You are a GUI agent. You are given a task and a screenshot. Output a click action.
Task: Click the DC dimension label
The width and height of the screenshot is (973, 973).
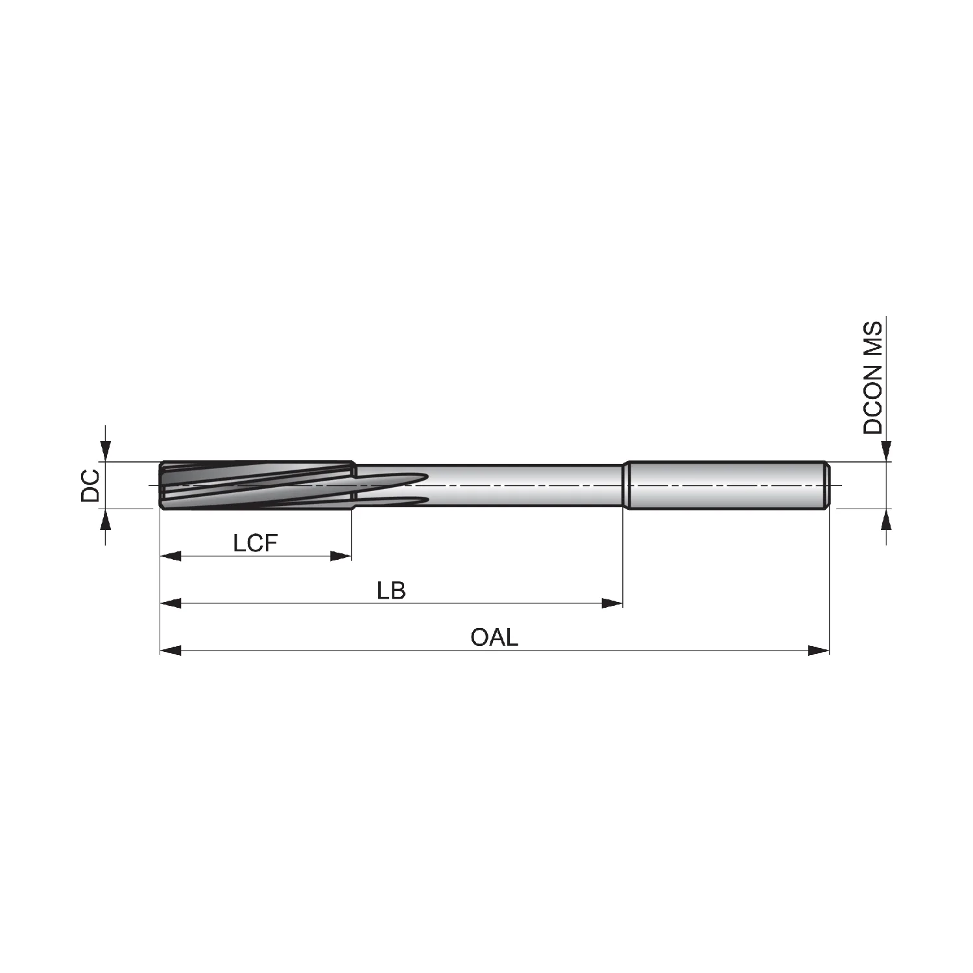click(90, 485)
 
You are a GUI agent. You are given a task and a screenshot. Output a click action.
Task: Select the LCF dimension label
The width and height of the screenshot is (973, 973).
click(256, 543)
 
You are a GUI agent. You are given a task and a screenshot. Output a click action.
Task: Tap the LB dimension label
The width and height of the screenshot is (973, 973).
click(391, 590)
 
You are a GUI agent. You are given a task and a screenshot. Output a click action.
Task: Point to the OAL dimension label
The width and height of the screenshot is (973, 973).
click(494, 637)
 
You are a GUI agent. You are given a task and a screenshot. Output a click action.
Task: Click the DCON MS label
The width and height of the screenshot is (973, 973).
click(873, 377)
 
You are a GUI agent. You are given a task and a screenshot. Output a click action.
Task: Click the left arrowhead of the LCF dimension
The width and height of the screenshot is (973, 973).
click(171, 556)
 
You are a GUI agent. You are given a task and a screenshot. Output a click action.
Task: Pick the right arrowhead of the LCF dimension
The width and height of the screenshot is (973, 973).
click(341, 556)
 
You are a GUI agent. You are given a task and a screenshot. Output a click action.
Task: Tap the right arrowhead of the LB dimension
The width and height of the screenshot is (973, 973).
click(612, 603)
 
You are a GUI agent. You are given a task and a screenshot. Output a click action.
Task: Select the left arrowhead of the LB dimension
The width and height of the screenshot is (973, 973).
click(171, 603)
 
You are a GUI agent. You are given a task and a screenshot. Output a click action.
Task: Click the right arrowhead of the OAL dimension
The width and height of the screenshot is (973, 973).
click(819, 650)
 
